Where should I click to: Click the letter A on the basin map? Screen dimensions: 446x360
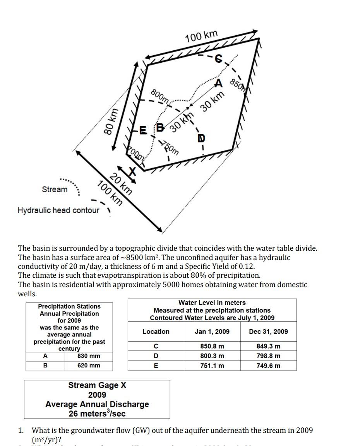219,84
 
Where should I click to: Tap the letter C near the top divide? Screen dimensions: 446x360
219,58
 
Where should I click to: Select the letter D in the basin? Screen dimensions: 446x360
201,138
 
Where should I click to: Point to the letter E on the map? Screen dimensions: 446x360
143,130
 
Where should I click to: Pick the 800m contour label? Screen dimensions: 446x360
159,96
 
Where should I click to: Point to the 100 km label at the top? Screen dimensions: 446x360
201,36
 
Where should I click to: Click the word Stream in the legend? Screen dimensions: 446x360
55,189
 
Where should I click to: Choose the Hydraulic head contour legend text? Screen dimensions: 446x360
58,210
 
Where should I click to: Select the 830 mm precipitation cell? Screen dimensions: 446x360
89,356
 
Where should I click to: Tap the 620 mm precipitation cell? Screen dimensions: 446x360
89,366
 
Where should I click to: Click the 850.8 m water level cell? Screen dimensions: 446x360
212,346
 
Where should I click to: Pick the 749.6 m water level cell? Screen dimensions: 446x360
268,366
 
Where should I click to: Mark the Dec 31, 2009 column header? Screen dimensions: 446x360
268,332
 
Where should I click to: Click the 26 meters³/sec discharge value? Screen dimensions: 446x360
97,414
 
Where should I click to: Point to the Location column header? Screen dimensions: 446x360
156,332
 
